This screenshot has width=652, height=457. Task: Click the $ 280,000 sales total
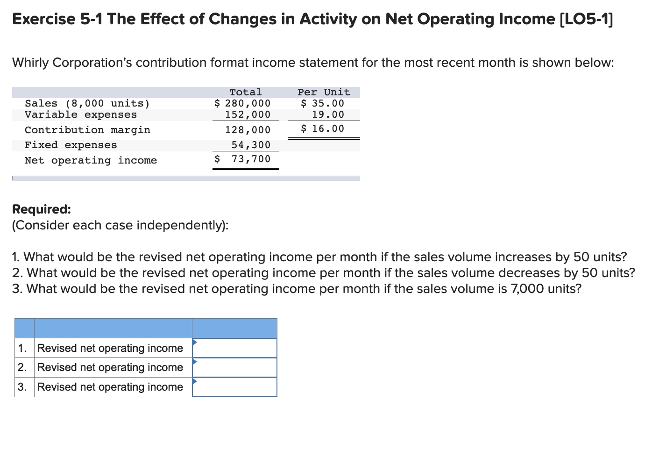(x=242, y=103)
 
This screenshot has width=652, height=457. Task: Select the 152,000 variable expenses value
(x=248, y=114)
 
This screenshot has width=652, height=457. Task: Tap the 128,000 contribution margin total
(x=248, y=130)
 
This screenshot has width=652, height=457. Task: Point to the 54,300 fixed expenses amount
(x=251, y=145)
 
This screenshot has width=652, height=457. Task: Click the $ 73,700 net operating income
(x=242, y=159)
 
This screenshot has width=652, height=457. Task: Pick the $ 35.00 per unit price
(x=322, y=103)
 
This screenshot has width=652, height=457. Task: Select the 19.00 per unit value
(x=328, y=114)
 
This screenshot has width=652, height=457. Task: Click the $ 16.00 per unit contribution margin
(x=322, y=129)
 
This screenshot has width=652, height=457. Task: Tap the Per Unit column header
(x=324, y=92)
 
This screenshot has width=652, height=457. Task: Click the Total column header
(x=246, y=92)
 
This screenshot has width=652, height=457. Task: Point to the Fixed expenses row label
(x=71, y=145)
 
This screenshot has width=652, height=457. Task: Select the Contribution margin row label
(x=87, y=130)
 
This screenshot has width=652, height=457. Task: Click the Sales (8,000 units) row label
(x=87, y=103)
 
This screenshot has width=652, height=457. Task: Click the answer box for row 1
(x=235, y=348)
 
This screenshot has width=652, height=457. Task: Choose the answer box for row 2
(x=235, y=368)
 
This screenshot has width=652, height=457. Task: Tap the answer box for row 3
(x=235, y=387)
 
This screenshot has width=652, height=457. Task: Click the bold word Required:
(x=42, y=209)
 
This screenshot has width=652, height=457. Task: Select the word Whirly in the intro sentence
(x=30, y=63)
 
